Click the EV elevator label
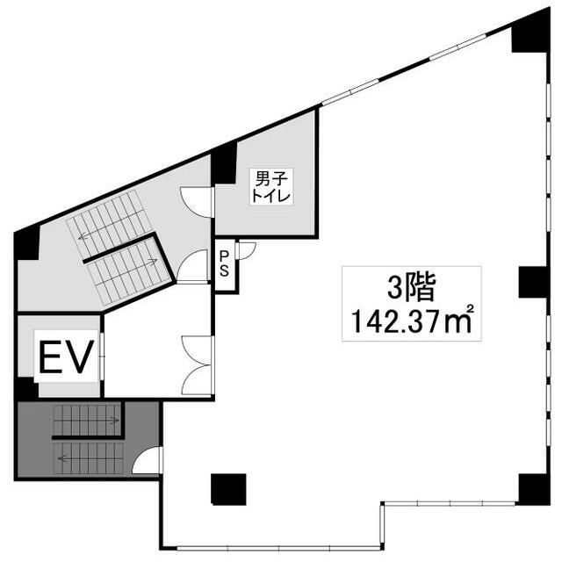67,357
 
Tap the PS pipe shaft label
224,263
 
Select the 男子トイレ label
271,187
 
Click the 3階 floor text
412,287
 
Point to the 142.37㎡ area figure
412,321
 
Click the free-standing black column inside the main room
228,490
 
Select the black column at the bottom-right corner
534,490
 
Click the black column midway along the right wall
533,282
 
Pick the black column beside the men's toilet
224,163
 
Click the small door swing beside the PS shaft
247,250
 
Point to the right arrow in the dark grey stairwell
109,420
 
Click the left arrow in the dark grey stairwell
67,458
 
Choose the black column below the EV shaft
25,389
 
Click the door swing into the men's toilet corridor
197,202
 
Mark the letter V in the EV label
81,357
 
